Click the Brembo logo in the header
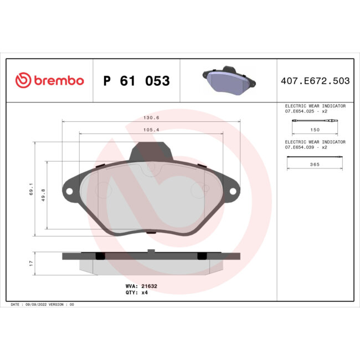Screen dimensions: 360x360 point(49,81)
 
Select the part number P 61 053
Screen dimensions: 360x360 point(136,81)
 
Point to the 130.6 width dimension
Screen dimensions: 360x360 point(151,117)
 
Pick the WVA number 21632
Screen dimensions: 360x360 point(150,286)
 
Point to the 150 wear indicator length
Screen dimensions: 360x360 point(315,129)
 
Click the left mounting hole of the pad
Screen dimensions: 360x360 point(70,192)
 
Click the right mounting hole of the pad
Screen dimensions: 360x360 point(233,192)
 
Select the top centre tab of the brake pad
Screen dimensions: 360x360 point(151,151)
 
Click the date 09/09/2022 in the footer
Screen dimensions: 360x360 point(36,305)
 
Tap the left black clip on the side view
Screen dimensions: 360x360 point(100,255)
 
